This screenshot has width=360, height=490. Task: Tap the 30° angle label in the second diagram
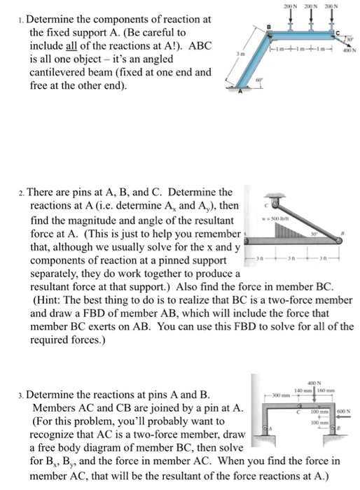(x=314, y=232)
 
